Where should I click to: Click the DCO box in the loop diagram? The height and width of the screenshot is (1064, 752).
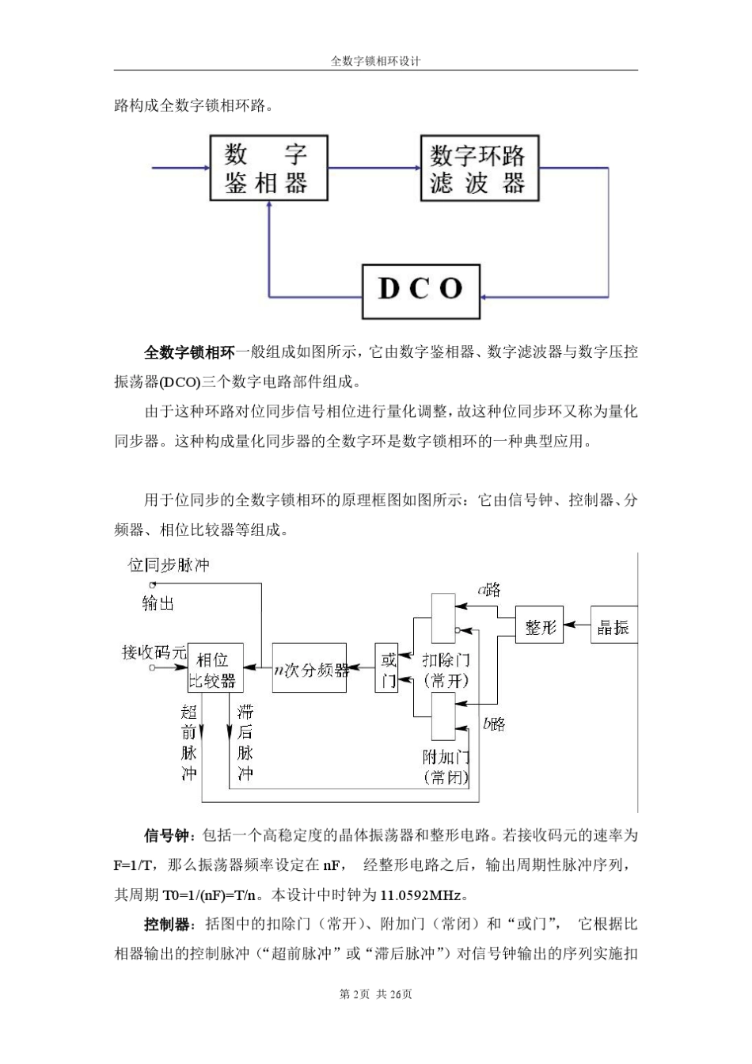point(421,291)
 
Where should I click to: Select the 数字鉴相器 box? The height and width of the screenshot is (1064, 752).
point(268,168)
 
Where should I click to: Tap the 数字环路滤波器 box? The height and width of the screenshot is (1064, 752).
point(478,168)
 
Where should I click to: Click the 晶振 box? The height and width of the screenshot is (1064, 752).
point(613,628)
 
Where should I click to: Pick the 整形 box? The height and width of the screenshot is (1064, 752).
point(540,628)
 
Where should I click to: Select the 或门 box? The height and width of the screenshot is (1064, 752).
point(387,669)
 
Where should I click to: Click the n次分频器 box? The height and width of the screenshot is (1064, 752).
point(310,669)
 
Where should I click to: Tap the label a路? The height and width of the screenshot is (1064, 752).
point(488,589)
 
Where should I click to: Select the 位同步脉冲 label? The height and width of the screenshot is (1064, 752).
point(169,564)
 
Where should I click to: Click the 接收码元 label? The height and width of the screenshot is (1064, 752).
point(153,652)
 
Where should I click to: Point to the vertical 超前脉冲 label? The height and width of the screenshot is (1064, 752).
point(188,742)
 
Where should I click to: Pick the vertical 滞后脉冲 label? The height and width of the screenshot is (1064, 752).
point(245,742)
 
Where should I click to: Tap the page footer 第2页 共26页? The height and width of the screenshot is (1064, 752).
point(375,994)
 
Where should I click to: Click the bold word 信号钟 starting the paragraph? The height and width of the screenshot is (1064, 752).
point(166,836)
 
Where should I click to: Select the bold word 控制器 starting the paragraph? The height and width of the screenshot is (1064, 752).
point(167,925)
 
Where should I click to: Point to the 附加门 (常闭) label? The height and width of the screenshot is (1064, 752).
point(446,766)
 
